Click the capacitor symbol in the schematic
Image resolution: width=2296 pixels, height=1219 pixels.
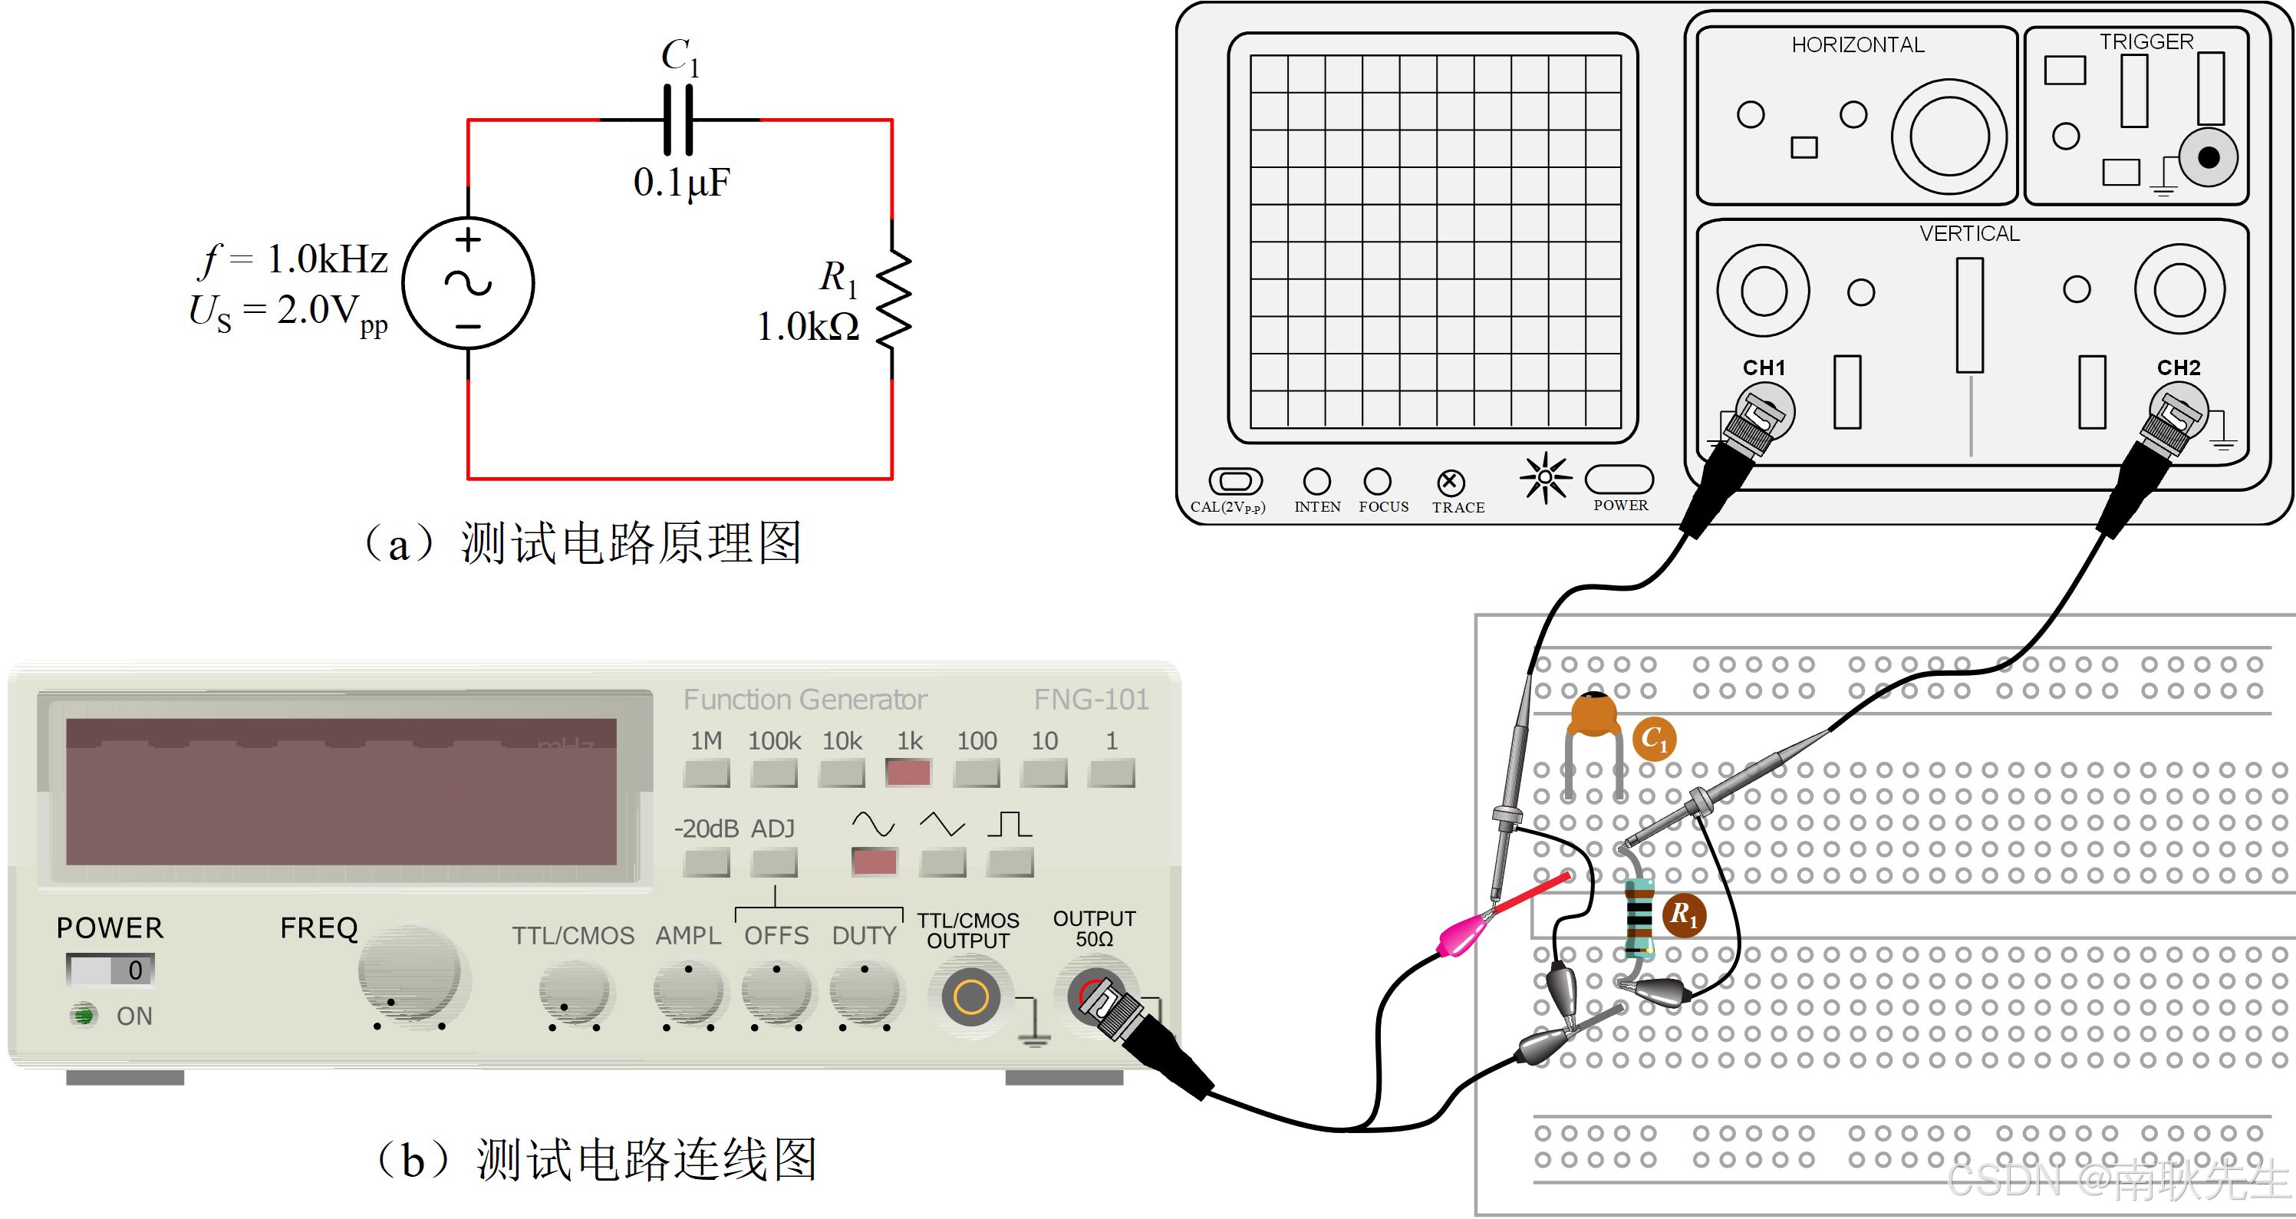point(678,120)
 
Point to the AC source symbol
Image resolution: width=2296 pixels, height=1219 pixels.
point(468,283)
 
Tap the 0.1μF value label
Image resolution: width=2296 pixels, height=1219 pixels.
point(682,183)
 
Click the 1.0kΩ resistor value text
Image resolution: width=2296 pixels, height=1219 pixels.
point(808,327)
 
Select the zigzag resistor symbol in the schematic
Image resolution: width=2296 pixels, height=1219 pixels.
point(893,298)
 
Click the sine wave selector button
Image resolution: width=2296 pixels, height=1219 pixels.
point(875,862)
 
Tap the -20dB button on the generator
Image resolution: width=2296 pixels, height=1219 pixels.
point(706,862)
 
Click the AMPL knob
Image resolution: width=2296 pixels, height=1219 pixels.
point(688,992)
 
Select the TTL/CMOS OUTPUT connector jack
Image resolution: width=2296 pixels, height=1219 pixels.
point(970,997)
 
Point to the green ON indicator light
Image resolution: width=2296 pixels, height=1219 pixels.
point(84,1015)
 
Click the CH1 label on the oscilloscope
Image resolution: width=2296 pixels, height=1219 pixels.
point(1764,367)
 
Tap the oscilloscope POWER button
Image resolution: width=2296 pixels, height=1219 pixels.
point(1619,479)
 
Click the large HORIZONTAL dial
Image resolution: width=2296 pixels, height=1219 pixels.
point(1949,137)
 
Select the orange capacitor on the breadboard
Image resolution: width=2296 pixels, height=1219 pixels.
point(1593,716)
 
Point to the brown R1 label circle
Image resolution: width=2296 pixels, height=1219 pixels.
point(1684,914)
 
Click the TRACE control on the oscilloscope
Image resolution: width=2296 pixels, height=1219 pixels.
point(1450,482)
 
